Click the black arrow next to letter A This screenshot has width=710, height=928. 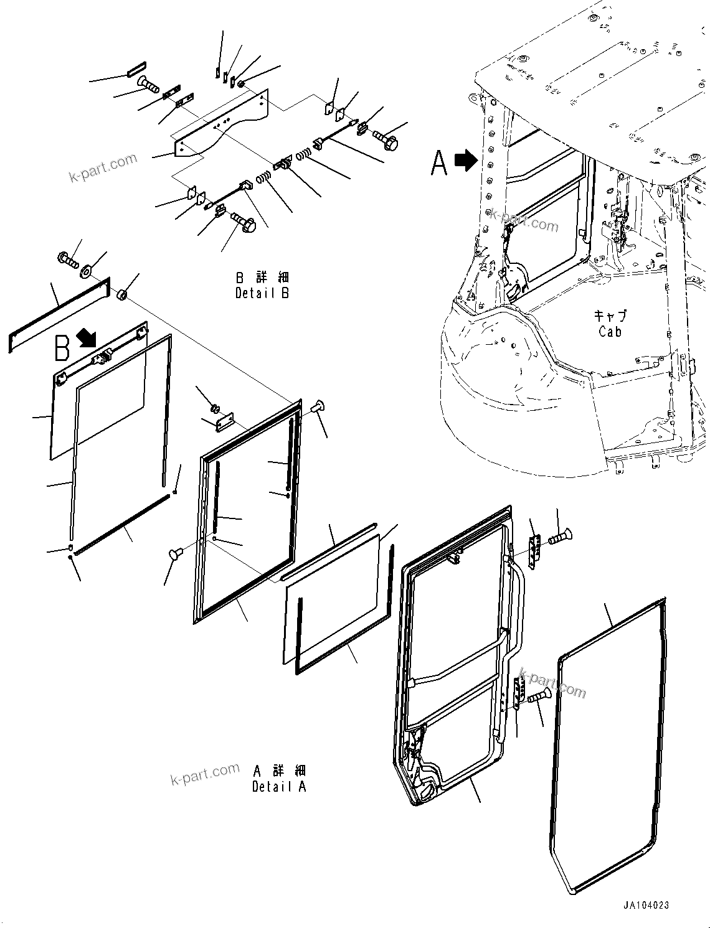pos(466,161)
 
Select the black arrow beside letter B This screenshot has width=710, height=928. pos(87,338)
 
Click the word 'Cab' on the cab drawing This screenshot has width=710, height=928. pos(610,332)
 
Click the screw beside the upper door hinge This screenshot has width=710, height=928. pos(561,536)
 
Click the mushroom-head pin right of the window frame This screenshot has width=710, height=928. pos(318,408)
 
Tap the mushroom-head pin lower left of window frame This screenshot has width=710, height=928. pos(177,553)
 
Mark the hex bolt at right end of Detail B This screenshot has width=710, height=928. pos(386,139)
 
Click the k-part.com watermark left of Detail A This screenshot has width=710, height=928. pos(205,774)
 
